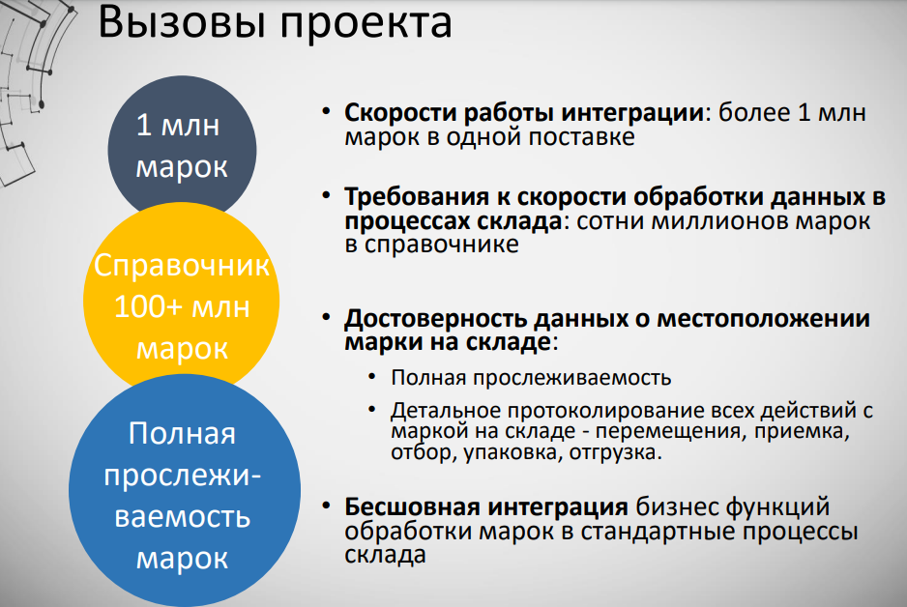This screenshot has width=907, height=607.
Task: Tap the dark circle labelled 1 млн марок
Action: pos(182,145)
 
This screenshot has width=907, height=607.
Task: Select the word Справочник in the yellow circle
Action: pos(182,267)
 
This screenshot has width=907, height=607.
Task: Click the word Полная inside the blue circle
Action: pos(182,433)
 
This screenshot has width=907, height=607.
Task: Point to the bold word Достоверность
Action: pos(422,318)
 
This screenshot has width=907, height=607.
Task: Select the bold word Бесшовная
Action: pos(399,506)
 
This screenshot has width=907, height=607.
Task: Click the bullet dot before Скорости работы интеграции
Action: pos(329,112)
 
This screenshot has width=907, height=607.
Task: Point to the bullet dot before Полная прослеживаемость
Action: pos(372,378)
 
